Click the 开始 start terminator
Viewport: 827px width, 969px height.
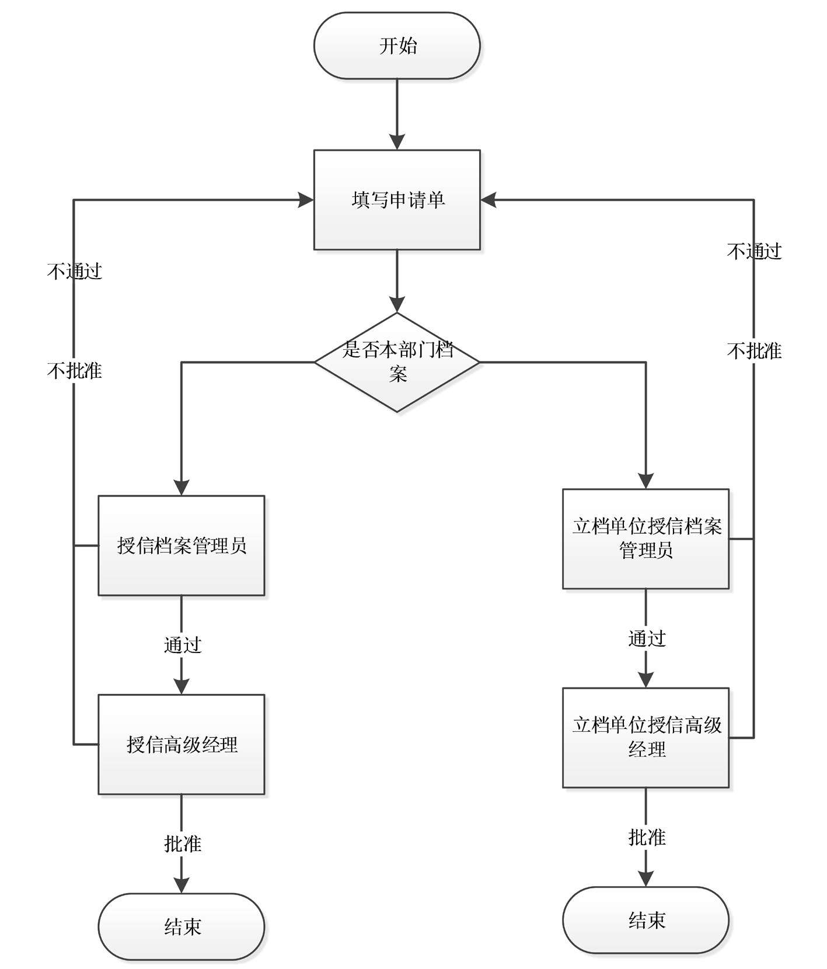397,46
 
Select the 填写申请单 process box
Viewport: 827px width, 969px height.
397,200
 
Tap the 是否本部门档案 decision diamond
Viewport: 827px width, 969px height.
397,362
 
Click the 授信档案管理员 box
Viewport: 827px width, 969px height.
182,546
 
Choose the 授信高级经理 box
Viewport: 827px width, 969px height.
182,744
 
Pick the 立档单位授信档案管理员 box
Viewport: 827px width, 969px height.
645,539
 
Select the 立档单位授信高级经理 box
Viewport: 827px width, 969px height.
645,737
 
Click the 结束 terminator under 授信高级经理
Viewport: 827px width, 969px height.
182,926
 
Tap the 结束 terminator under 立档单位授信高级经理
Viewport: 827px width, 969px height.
645,921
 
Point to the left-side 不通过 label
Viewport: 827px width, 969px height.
75,271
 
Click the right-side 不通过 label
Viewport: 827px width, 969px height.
754,252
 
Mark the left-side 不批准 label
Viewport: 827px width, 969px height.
75,370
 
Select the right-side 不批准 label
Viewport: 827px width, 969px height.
754,351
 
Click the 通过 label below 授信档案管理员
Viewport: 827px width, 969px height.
183,645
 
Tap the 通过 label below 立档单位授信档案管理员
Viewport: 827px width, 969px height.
647,638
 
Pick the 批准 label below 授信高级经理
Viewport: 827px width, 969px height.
183,843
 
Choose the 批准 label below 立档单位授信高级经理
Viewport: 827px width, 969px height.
647,838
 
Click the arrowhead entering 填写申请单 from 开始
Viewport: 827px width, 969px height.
397,143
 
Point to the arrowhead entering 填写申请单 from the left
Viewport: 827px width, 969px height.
306,200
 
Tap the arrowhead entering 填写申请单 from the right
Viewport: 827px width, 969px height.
488,200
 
